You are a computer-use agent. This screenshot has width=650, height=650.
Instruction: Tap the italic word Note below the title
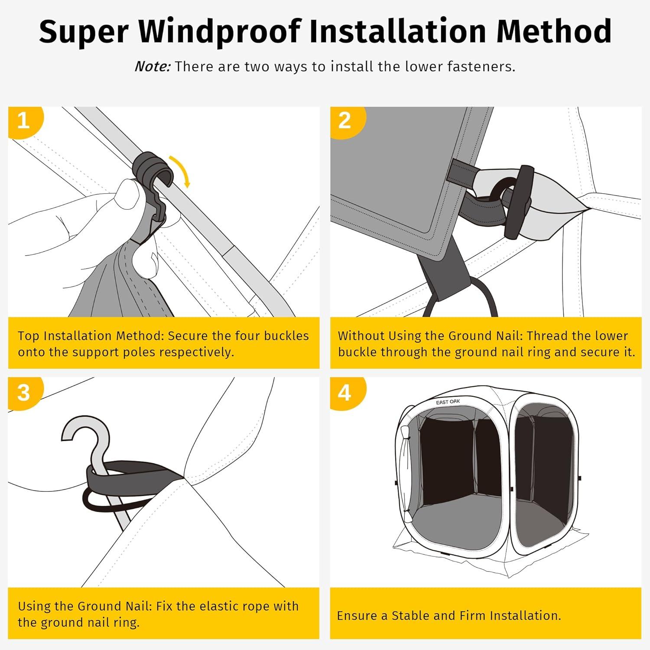[x=152, y=67]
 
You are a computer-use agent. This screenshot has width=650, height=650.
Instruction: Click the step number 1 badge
[x=23, y=120]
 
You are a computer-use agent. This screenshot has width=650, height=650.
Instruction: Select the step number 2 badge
[x=344, y=120]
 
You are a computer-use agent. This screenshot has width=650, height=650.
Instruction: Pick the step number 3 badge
[x=23, y=393]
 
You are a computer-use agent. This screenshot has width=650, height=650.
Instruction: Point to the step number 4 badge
[x=344, y=393]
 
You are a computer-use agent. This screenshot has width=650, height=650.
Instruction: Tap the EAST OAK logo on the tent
[x=448, y=402]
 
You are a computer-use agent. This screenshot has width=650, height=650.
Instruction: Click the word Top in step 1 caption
[x=29, y=336]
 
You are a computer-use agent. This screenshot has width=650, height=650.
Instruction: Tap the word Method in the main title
[x=553, y=31]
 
